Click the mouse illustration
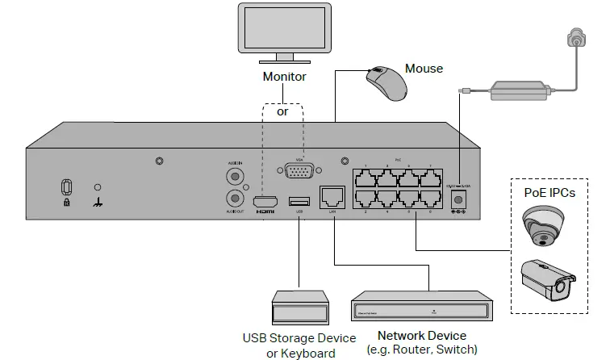[385, 84]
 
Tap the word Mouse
[424, 69]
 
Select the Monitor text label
[284, 77]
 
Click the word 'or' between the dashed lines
[282, 112]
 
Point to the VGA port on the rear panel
[299, 173]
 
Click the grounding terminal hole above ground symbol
[98, 186]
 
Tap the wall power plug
[576, 38]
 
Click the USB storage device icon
[299, 308]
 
